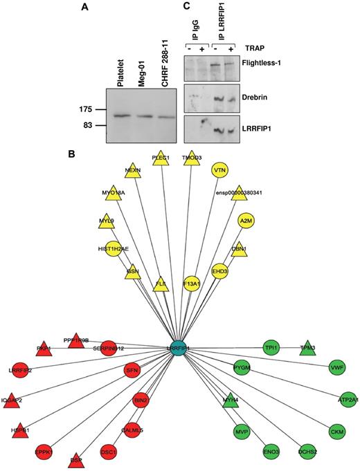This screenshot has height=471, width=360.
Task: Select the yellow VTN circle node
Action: [x=220, y=169]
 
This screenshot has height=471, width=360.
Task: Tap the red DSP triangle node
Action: [x=75, y=459]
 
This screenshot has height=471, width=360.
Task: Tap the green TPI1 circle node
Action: [x=272, y=348]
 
